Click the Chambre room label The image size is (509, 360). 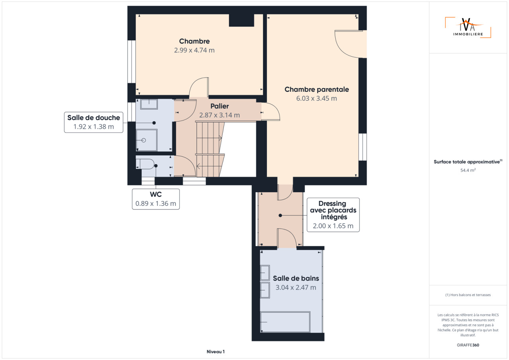pos(194,41)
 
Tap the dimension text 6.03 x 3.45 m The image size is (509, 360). pos(317,99)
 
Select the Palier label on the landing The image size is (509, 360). pos(220,106)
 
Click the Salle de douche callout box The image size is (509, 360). pos(93,122)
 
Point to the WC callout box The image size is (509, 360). pos(155,199)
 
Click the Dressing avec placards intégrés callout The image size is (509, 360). pos(333,215)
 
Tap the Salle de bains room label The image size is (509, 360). pos(296,279)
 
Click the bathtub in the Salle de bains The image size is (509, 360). pos(285,322)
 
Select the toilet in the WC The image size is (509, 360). pos(145,164)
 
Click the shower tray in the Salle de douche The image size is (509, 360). pos(147,140)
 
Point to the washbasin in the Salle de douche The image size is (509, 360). pos(149,104)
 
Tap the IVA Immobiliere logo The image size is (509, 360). pos(468,27)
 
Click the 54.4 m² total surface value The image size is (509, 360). pos(468,170)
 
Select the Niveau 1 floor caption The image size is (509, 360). pos(216,352)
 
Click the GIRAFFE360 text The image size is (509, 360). pos(468,345)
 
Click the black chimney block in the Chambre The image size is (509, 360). pos(241,20)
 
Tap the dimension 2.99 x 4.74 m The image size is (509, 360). pos(194,50)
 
